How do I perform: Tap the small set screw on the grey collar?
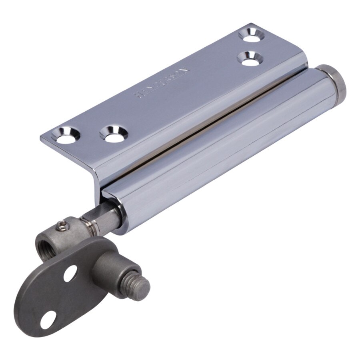[x=61, y=227]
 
